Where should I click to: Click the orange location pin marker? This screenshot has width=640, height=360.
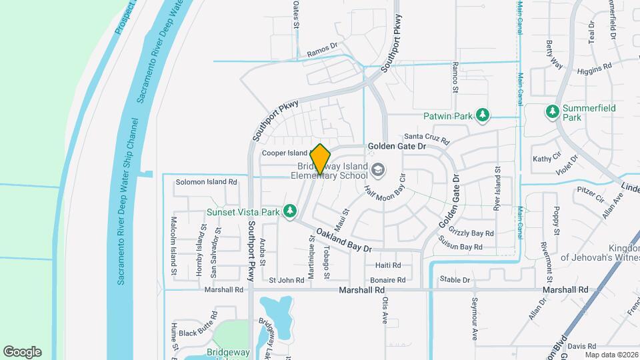[x=321, y=159]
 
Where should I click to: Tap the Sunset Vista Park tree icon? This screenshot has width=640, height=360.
[x=289, y=211]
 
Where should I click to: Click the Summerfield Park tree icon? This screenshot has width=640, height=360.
[x=552, y=111]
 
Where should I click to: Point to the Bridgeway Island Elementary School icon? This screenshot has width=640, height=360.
[x=379, y=170]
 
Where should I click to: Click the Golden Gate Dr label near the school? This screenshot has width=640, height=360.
[x=397, y=146]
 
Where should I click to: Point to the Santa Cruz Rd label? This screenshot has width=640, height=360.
[x=427, y=138]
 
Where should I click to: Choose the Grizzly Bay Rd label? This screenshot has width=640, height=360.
[x=471, y=234]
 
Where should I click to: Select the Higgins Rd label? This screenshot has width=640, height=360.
[x=594, y=68]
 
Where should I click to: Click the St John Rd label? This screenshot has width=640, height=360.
[x=287, y=281]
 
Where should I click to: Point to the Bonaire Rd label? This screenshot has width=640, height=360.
[x=387, y=281]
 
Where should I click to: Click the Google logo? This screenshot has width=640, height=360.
[x=22, y=352]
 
